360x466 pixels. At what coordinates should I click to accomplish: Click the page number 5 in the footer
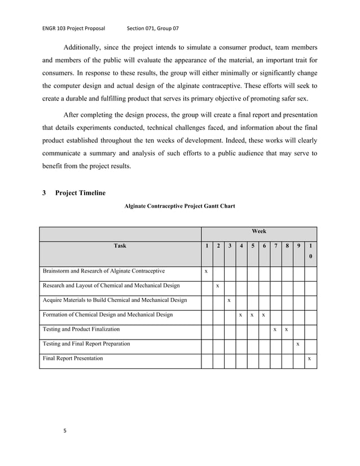[65, 431]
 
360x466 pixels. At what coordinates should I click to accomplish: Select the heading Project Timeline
[80, 193]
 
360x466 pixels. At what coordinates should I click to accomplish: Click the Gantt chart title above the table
[179, 206]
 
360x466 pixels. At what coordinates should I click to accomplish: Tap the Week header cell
[259, 231]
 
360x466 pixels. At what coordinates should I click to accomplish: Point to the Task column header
[120, 245]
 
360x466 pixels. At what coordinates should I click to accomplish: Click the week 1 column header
[207, 245]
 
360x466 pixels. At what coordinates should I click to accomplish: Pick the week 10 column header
[310, 250]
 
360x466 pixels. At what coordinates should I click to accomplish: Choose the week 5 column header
[253, 245]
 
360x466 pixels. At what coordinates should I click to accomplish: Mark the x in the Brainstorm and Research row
[207, 271]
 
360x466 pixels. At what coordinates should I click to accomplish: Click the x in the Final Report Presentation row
[309, 359]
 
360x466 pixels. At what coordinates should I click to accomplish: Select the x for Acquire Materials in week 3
[229, 300]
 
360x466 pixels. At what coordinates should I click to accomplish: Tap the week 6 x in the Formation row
[264, 315]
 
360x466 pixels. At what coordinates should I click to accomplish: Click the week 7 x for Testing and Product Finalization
[275, 329]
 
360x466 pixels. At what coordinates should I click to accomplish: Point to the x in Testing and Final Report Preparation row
[298, 344]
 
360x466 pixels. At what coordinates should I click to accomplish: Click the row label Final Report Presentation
[73, 358]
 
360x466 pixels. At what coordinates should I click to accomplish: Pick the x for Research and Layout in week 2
[218, 286]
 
